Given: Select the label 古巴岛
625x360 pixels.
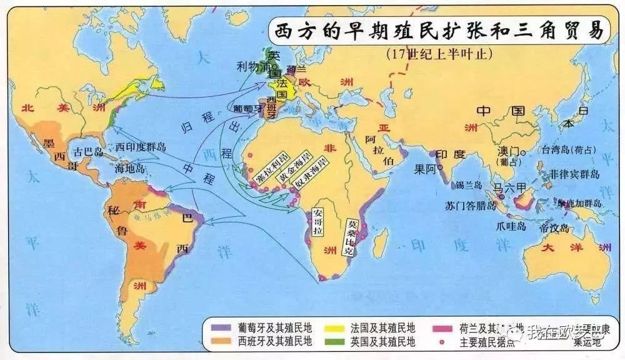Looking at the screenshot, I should [87, 152].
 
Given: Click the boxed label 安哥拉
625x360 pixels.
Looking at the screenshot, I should [318, 221].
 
